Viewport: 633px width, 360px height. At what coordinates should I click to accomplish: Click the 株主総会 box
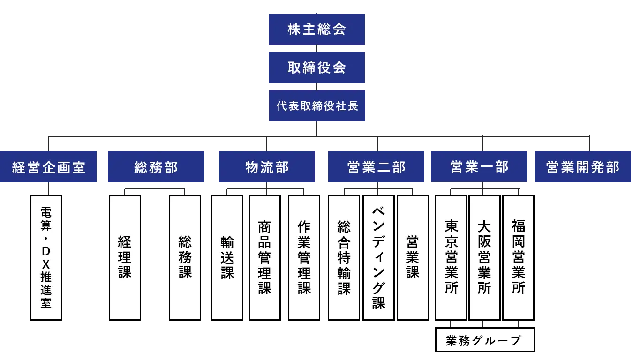click(316, 29)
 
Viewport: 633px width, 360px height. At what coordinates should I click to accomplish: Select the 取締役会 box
click(316, 67)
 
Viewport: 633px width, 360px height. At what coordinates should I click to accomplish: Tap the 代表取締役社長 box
click(316, 106)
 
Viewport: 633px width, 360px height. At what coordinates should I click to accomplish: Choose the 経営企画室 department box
click(48, 167)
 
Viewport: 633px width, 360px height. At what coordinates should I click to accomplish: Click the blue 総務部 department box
click(156, 167)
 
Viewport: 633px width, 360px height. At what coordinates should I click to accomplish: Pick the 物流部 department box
click(266, 167)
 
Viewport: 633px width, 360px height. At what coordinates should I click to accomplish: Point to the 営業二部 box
click(376, 167)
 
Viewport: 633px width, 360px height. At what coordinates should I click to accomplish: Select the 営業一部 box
click(479, 166)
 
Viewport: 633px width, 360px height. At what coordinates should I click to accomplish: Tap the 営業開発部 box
click(582, 167)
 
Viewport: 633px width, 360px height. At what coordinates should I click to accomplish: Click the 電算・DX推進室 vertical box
click(46, 258)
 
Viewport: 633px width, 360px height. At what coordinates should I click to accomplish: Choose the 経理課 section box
click(125, 258)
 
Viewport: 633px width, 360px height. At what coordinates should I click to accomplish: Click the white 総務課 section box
click(185, 258)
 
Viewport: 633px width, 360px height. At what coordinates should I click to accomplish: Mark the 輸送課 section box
click(227, 258)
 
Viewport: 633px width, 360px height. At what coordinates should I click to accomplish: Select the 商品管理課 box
click(265, 258)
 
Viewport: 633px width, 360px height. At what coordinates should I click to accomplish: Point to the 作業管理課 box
click(304, 258)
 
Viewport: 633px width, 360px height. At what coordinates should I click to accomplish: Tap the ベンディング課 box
click(378, 258)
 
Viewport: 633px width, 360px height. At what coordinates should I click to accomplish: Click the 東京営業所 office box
click(451, 258)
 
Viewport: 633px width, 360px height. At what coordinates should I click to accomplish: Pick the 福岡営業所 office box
click(518, 258)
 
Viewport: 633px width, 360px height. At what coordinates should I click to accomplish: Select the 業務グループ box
click(485, 340)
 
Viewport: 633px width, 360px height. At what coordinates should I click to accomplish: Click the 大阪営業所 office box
click(484, 258)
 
